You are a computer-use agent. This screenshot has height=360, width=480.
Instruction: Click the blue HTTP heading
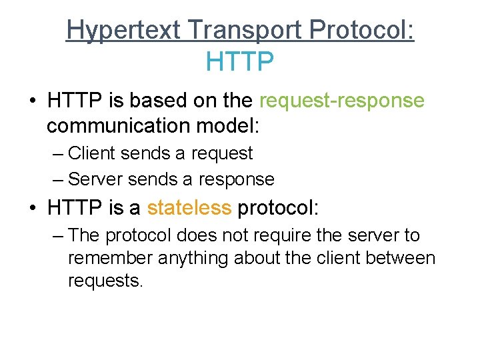coord(240,62)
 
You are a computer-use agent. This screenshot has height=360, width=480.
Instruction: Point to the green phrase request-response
coord(341,101)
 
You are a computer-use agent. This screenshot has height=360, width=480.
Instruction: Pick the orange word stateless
coord(189,208)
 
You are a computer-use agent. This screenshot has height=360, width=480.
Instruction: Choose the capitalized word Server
coord(96,179)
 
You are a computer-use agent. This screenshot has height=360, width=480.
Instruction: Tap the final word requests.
coord(105,281)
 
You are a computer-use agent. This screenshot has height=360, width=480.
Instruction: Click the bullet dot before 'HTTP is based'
coord(31,101)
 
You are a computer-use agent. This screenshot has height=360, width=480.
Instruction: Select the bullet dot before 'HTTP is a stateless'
coord(31,209)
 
